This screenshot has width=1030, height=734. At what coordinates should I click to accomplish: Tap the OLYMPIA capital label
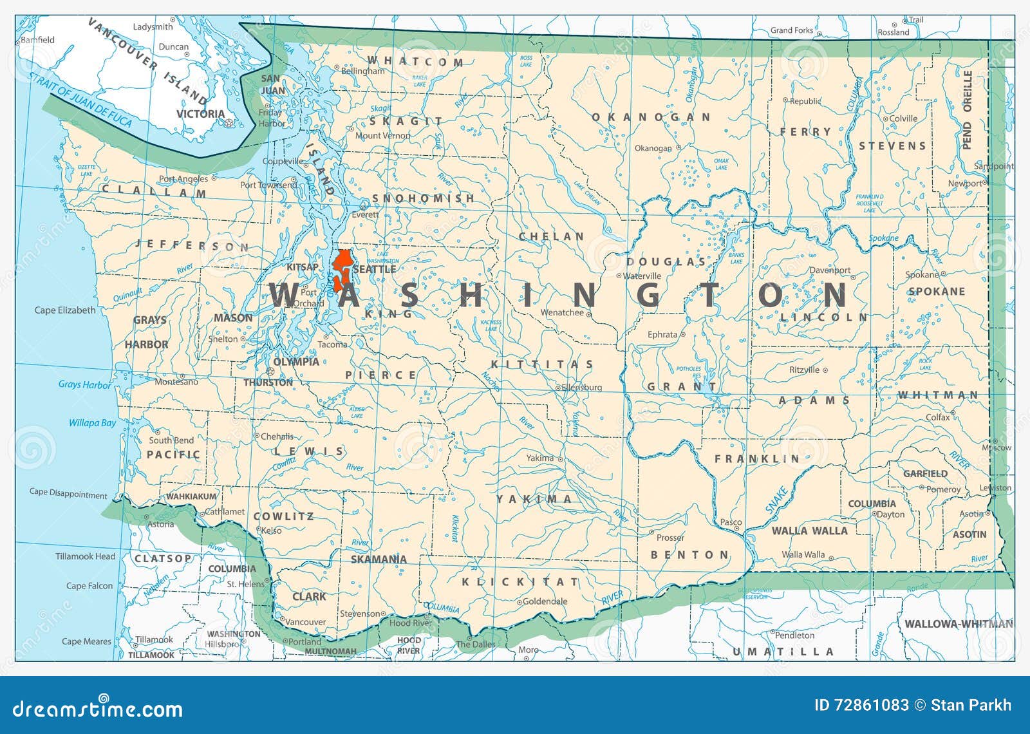(x=297, y=362)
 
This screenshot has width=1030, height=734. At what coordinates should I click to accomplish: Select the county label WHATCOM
(x=415, y=62)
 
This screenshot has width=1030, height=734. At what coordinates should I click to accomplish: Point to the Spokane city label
(x=922, y=275)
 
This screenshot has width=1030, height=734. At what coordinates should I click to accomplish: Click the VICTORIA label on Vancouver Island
(x=200, y=114)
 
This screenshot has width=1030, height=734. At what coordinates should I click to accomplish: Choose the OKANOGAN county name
(x=651, y=117)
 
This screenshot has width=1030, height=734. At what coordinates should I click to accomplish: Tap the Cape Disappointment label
(x=68, y=493)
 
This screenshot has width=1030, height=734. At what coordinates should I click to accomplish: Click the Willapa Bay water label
(x=92, y=423)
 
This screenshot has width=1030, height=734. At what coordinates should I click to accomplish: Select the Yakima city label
(x=539, y=458)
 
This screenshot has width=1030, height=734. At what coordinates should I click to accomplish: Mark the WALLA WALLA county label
(x=809, y=531)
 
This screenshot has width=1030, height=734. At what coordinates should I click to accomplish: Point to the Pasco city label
(x=731, y=522)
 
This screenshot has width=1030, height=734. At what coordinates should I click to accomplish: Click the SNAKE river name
(x=776, y=500)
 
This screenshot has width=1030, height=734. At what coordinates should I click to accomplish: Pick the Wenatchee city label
(x=561, y=312)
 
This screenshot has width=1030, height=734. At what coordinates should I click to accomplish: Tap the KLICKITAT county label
(x=520, y=582)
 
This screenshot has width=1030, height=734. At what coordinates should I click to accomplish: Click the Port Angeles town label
(x=183, y=179)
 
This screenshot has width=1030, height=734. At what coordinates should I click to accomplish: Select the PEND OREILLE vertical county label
(x=967, y=110)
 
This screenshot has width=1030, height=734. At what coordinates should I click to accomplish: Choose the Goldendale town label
(x=545, y=601)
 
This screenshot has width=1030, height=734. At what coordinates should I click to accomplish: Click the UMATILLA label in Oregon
(x=783, y=652)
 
